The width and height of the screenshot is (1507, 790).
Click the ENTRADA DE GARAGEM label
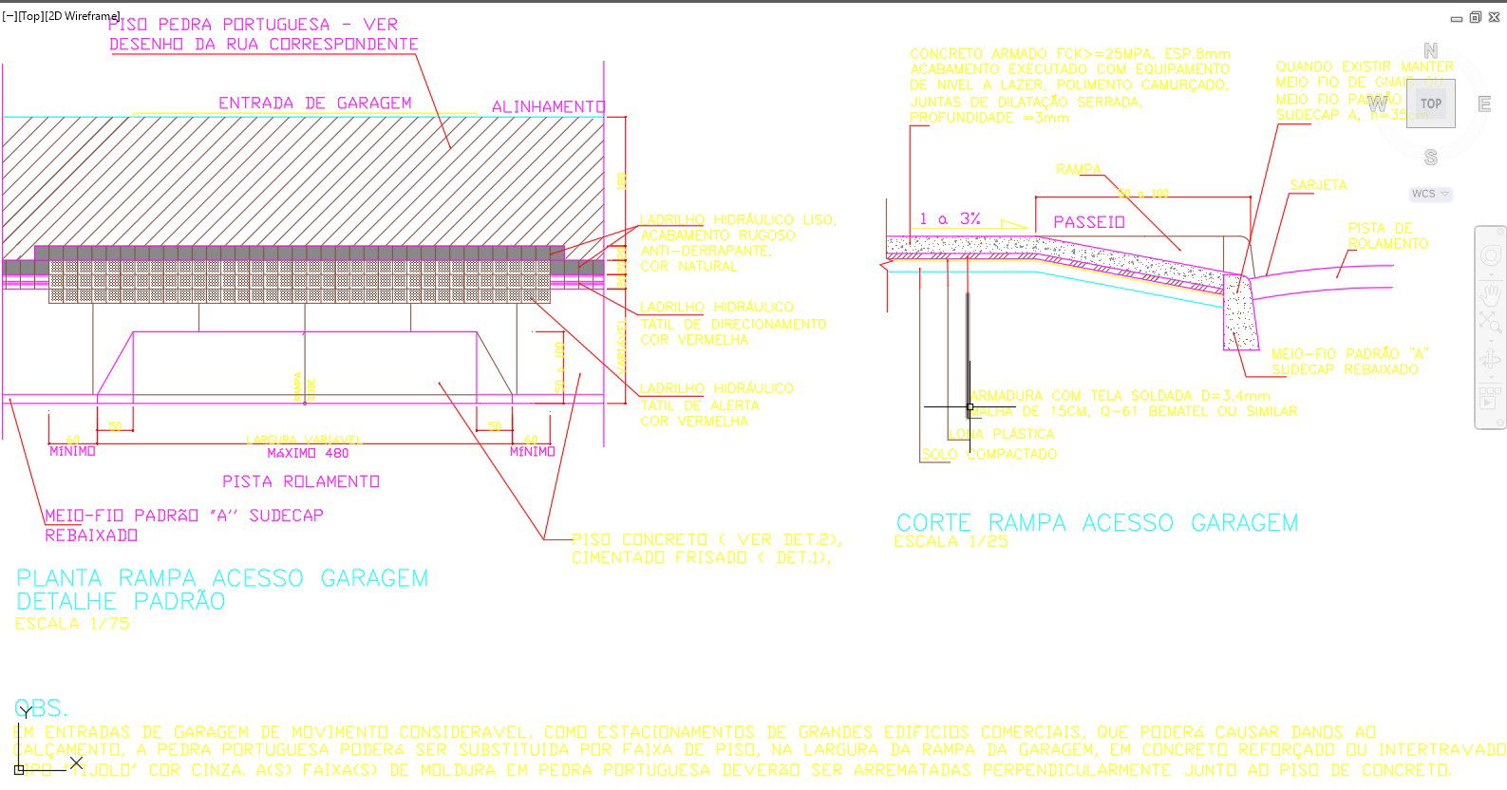point(314,103)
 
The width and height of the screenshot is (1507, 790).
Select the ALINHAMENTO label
point(547,107)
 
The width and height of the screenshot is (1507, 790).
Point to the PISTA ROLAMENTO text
point(300,481)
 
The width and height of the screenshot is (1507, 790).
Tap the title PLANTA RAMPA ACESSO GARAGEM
point(222,578)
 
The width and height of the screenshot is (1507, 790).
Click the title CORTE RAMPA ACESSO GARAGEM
point(1097,522)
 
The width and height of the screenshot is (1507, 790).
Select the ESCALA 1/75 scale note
point(72,624)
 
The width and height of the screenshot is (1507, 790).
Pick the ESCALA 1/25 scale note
point(951,541)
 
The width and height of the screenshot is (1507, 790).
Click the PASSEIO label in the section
point(1088,222)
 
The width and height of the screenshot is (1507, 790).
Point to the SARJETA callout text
point(1317,185)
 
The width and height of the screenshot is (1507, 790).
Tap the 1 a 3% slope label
point(949,219)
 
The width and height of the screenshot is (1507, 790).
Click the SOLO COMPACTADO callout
point(989,455)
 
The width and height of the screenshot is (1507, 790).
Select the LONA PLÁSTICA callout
point(1001,434)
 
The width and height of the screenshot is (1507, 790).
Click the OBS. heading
point(41,708)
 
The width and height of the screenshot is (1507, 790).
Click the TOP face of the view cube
point(1430,103)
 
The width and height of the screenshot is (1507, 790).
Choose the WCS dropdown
point(1430,194)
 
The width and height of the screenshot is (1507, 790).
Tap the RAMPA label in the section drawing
point(1078,170)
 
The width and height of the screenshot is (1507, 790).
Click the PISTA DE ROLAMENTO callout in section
point(1386,235)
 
